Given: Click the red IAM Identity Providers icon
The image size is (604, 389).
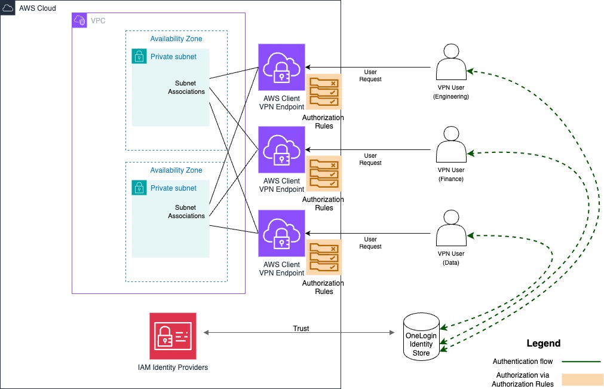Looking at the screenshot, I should tap(173, 336).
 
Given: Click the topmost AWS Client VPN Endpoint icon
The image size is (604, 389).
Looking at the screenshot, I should tap(281, 67).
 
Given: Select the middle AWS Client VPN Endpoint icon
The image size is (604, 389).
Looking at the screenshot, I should tap(281, 149).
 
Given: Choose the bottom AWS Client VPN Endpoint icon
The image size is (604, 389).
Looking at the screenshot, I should tap(281, 233).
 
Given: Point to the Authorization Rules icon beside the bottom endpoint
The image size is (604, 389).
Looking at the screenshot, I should tap(324, 258).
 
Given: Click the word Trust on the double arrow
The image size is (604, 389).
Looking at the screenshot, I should tap(301, 329).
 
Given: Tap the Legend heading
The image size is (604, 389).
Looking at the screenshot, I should tap(543, 344).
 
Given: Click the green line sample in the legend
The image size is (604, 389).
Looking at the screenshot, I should tap(579, 362).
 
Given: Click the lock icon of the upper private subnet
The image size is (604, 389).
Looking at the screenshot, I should tap(139, 57).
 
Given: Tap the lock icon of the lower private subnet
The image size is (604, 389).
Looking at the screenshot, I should tap(139, 188).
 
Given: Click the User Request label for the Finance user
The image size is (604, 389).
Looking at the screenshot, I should tap(370, 160).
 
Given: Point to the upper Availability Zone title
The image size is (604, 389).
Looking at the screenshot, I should tap(176, 39).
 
